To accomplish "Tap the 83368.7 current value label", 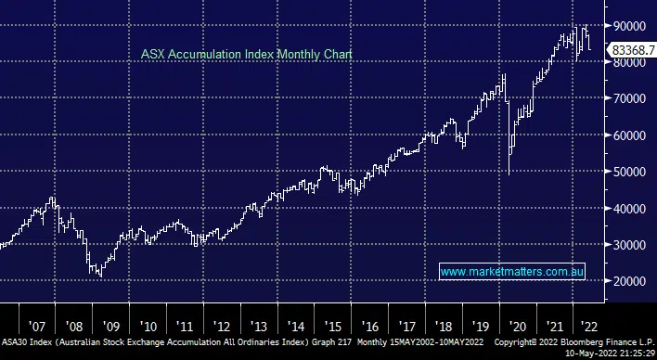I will click(632, 50).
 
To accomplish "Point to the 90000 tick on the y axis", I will click(628, 27).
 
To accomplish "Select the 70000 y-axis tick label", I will click(628, 98).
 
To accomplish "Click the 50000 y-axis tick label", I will click(628, 172).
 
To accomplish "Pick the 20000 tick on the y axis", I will click(628, 281).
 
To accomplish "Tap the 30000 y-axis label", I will click(628, 245).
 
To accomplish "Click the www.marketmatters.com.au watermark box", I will click(511, 272).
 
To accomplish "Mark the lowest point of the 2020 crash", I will click(509, 174).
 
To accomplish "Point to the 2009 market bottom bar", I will click(98, 276).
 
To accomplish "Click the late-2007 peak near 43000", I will click(53, 198).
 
